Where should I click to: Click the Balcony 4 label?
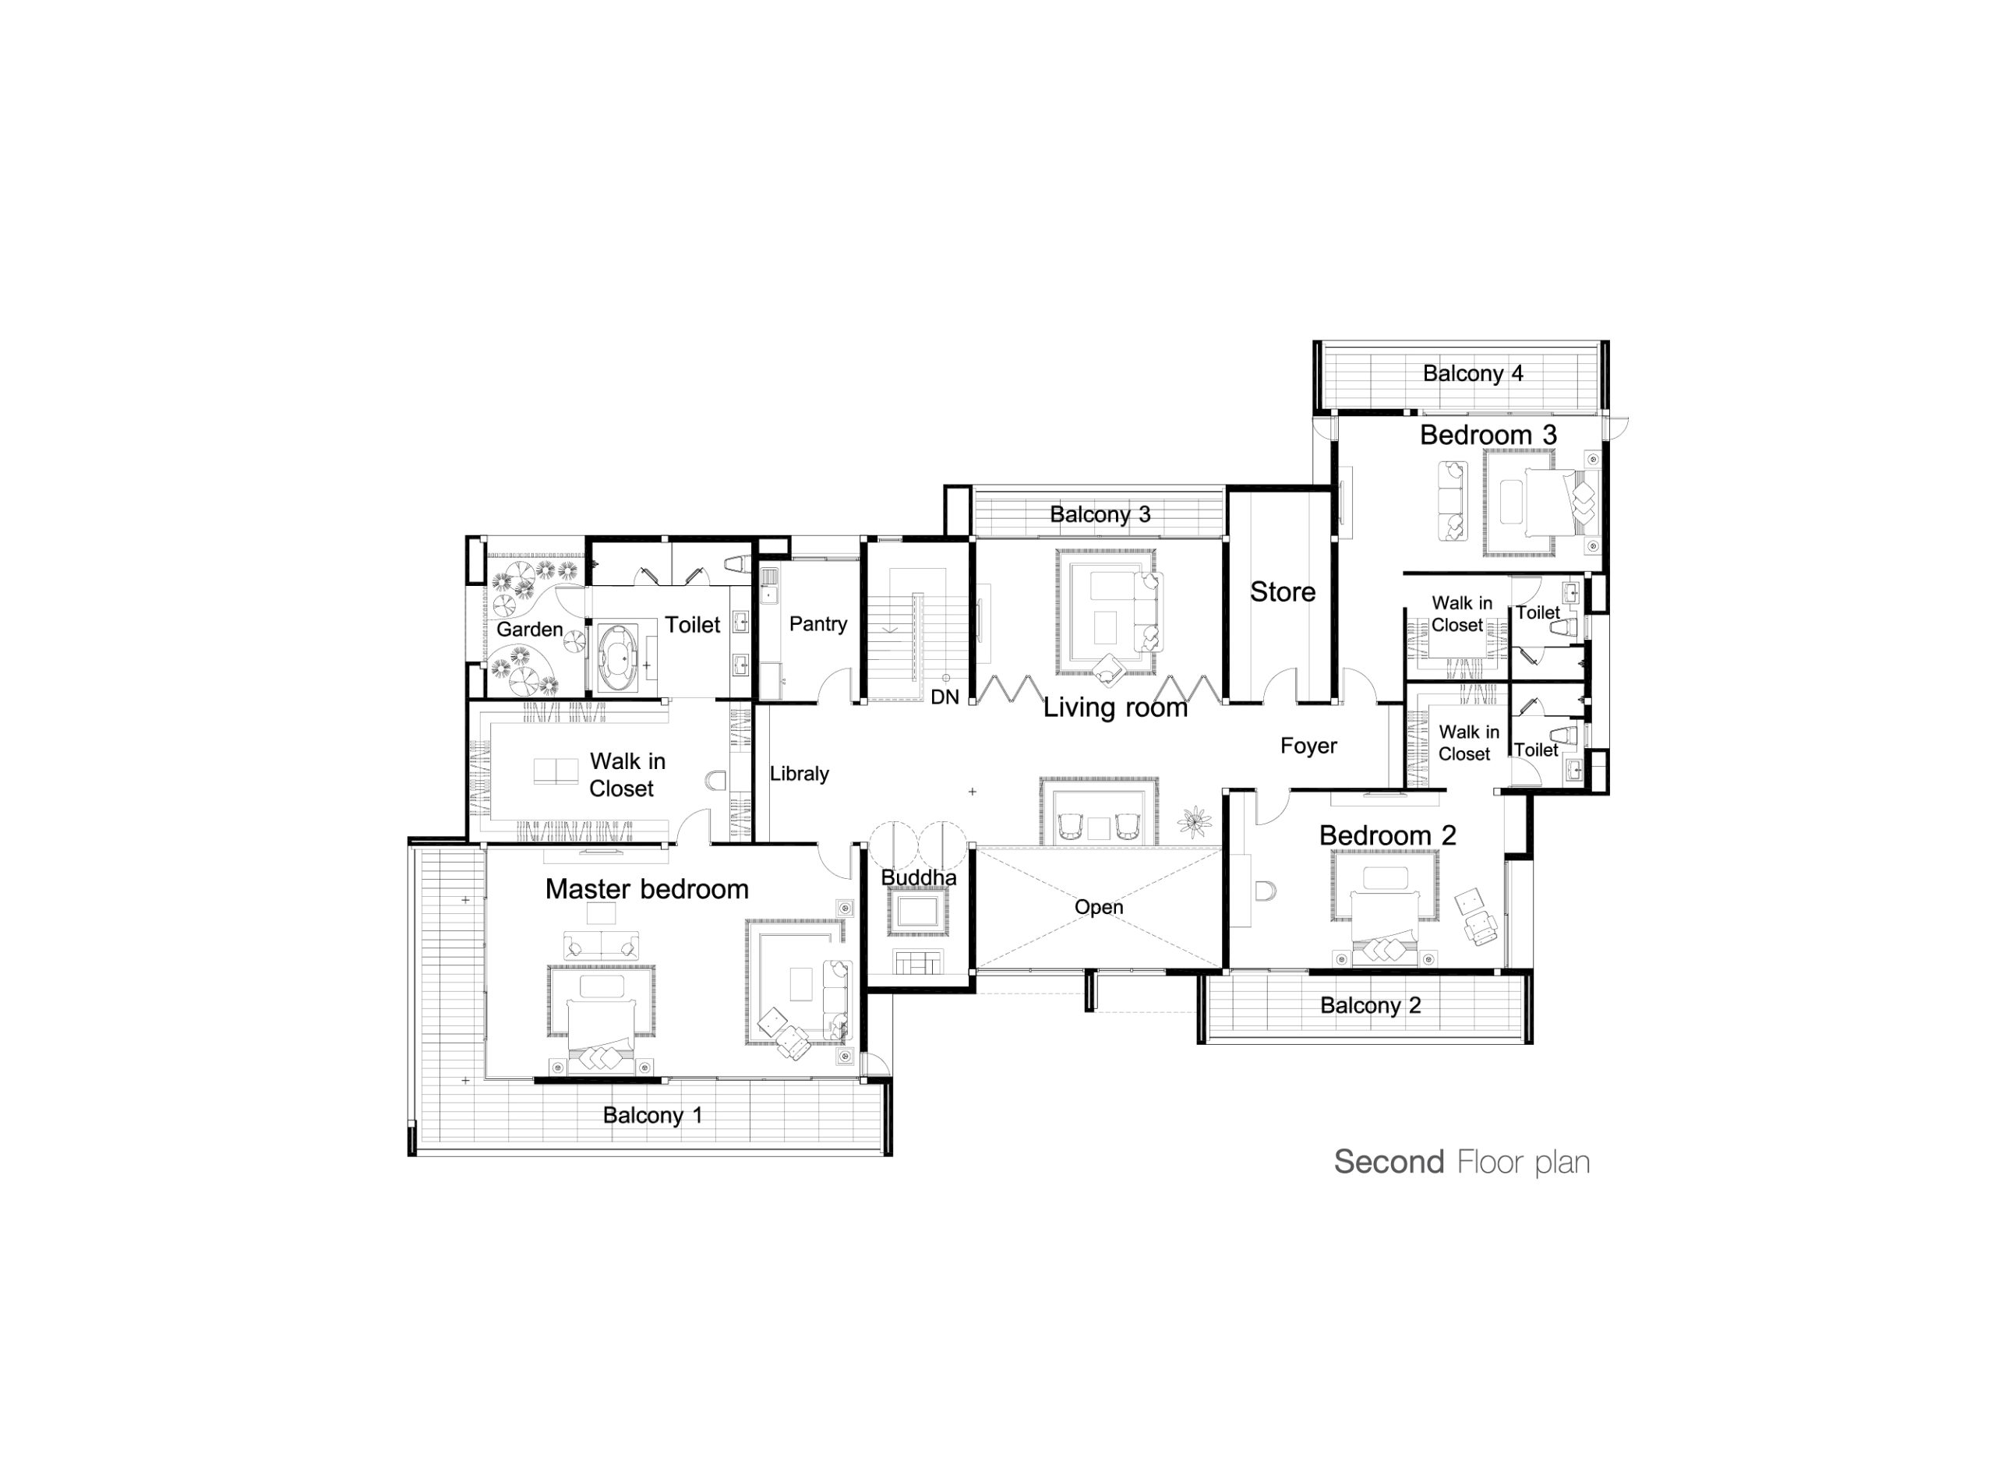pos(1473,373)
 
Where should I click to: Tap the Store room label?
pos(1283,592)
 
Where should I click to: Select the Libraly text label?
pos(800,773)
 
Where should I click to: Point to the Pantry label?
pos(818,624)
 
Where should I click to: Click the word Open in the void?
pos(1099,907)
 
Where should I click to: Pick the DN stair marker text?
pos(945,697)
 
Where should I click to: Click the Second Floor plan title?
pos(1461,1162)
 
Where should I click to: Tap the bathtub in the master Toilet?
pos(617,658)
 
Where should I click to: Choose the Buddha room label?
pos(919,877)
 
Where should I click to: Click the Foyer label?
pos(1308,746)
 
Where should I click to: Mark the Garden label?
pos(529,630)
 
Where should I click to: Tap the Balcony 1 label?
pos(652,1115)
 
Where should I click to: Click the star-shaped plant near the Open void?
pos(1194,820)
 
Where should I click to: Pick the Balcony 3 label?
pos(1100,515)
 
